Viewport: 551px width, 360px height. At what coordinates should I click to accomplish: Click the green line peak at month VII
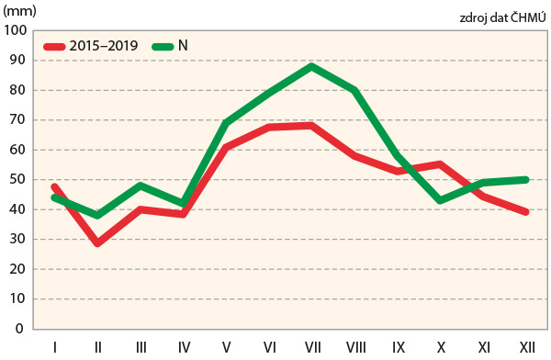tap(312, 66)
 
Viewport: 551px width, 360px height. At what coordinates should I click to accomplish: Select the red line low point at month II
tap(96, 243)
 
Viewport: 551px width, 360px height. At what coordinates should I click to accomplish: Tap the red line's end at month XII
tap(526, 212)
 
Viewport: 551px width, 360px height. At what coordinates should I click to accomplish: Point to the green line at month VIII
tap(354, 90)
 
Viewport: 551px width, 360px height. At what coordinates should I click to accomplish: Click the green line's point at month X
tap(441, 200)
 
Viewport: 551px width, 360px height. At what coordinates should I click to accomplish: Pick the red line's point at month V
tap(226, 147)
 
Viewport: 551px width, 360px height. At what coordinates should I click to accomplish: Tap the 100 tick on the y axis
tap(16, 30)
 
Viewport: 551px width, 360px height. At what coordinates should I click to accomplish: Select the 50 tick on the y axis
tap(19, 180)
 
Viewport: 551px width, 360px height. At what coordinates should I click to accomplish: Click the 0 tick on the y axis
tap(23, 329)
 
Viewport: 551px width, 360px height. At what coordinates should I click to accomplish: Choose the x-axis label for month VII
tap(312, 346)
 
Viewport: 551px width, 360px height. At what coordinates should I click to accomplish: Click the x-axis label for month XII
tap(526, 346)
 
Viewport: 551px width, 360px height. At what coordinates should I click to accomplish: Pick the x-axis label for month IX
tap(398, 346)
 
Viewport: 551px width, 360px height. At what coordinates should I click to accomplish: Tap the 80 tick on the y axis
tap(19, 90)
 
